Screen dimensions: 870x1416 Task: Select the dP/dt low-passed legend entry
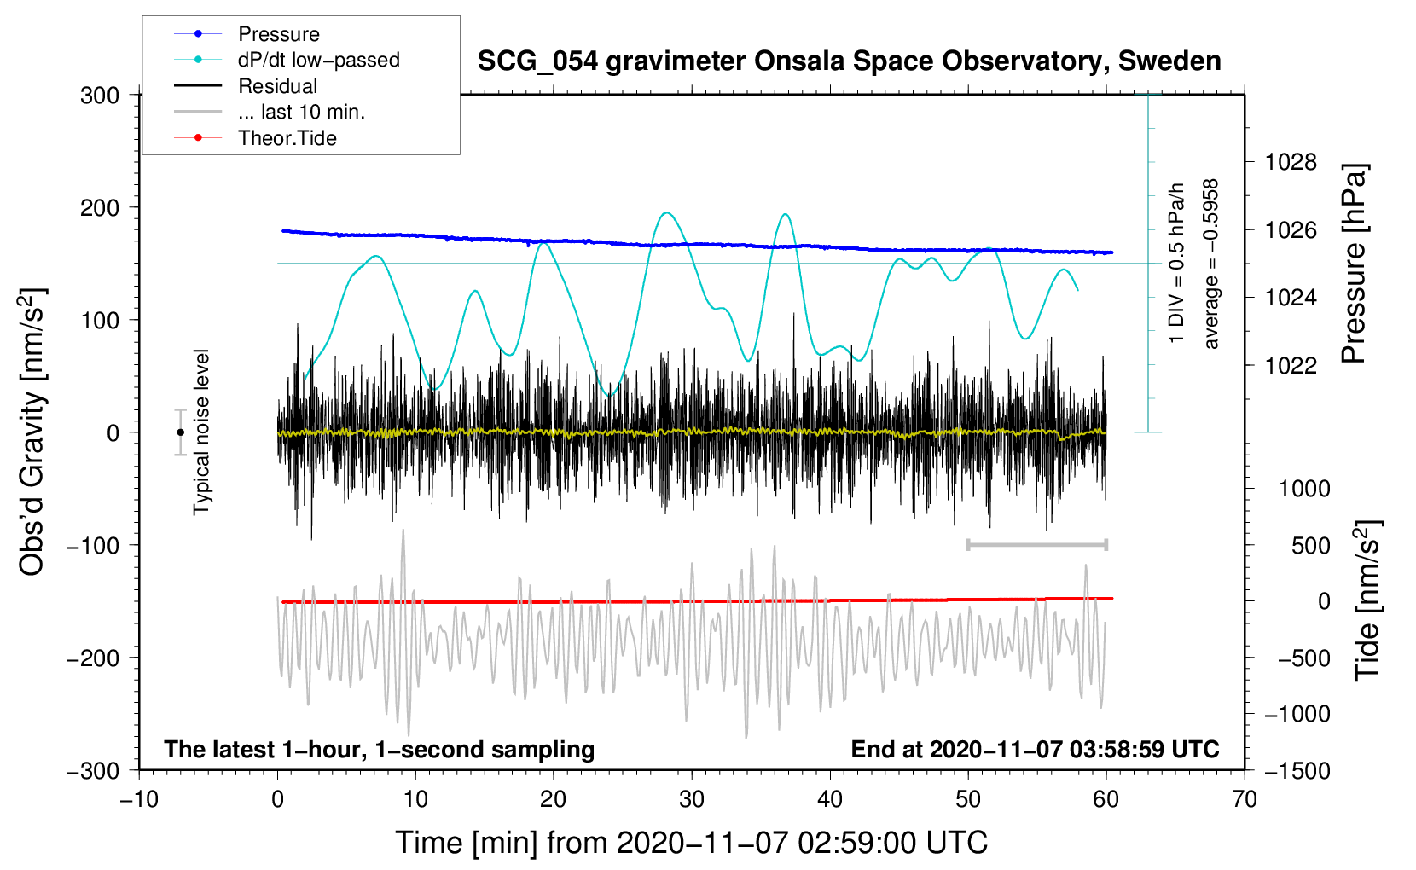click(x=318, y=60)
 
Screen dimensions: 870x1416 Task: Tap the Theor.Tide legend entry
click(x=287, y=138)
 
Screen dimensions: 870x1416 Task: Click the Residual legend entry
click(x=277, y=86)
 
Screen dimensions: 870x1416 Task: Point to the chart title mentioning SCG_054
click(x=849, y=61)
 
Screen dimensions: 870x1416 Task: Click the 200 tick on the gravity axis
click(x=100, y=208)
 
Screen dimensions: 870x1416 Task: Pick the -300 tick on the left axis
click(x=93, y=771)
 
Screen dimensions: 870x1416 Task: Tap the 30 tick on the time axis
click(x=692, y=800)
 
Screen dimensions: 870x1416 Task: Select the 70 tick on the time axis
click(x=1245, y=800)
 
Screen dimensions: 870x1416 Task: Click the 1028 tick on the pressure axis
click(x=1291, y=162)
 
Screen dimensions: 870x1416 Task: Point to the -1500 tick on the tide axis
click(x=1297, y=771)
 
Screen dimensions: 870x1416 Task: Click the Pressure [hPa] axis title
click(x=1354, y=264)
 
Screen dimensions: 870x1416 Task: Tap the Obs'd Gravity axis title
click(x=32, y=432)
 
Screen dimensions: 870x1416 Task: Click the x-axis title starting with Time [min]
click(x=691, y=843)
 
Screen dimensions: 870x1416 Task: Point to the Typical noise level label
click(x=201, y=432)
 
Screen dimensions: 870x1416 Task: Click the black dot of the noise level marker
click(x=180, y=432)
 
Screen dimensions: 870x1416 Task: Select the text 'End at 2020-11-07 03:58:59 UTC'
click(x=1035, y=750)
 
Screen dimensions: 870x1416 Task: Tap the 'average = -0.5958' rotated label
click(x=1211, y=264)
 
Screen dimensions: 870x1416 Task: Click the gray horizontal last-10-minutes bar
click(x=1036, y=545)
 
